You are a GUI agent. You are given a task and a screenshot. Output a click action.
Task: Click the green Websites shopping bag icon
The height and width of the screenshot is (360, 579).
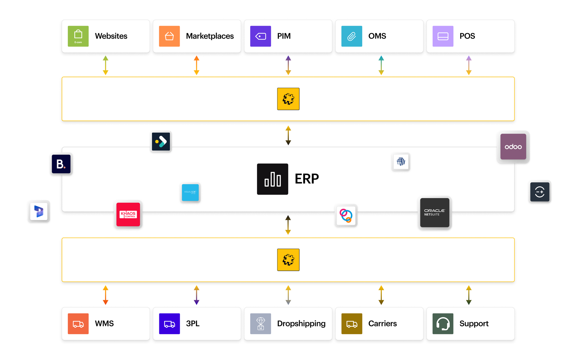tap(78, 36)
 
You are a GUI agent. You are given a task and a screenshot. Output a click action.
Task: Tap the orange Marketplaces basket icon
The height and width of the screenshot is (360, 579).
tap(169, 36)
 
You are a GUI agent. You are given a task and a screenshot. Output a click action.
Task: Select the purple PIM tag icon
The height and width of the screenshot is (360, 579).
tap(261, 36)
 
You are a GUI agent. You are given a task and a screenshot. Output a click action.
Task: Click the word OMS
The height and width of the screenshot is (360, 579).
tap(377, 36)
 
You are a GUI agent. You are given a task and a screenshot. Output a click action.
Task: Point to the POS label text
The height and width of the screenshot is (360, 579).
tap(467, 36)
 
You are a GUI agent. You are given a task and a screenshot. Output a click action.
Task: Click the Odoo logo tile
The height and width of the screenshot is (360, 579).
tap(513, 147)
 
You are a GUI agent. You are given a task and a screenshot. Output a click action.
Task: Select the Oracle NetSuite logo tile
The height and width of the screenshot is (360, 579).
tap(435, 213)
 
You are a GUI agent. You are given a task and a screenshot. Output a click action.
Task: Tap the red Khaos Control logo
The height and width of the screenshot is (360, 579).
tap(128, 214)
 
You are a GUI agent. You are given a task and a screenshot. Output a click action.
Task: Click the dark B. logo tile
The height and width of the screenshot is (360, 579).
tap(61, 164)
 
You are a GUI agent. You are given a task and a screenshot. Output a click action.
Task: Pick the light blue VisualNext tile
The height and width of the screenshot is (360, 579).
tap(190, 192)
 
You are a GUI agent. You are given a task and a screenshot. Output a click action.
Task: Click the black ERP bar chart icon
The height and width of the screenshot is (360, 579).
tap(272, 179)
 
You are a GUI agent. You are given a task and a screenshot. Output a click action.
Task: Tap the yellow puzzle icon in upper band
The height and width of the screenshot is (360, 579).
tap(288, 99)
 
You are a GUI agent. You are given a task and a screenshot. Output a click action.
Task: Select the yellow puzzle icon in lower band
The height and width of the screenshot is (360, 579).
tap(288, 260)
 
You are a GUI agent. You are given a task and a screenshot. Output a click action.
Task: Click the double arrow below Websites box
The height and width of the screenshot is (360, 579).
tap(105, 65)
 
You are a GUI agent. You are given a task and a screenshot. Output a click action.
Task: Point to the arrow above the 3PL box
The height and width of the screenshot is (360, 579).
tap(196, 295)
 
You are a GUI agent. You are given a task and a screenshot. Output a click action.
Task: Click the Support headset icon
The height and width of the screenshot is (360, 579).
tap(443, 324)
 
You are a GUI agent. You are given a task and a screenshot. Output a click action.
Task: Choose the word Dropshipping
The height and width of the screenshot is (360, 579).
tap(301, 324)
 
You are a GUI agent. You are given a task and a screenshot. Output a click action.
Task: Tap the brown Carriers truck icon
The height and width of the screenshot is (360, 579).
tap(352, 324)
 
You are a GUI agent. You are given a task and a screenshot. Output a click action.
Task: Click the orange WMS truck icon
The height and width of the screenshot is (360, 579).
tap(78, 324)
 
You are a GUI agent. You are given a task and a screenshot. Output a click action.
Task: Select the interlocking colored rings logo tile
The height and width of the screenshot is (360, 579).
tap(346, 216)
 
